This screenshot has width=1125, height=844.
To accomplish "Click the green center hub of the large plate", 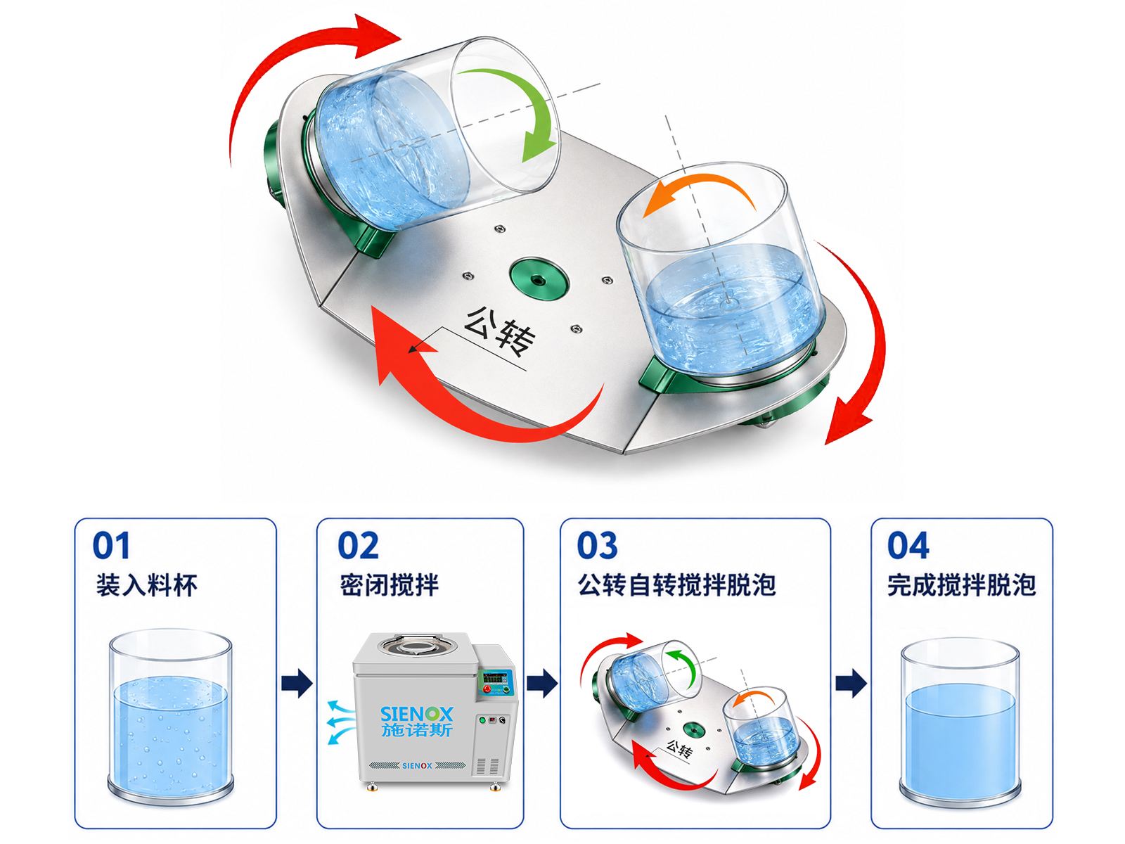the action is pos(539,280).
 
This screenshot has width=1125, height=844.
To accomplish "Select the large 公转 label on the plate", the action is pos(499,331).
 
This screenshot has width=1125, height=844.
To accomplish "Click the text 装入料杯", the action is pos(146,585).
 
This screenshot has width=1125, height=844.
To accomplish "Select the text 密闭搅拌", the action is pos(390,585).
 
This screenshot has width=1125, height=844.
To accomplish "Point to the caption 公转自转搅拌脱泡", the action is pos(677,585).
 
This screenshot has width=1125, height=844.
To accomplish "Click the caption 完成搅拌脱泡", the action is pos(961,585).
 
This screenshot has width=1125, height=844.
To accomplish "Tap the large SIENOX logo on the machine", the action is pos(417,714).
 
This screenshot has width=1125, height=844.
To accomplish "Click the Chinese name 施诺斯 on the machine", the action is pos(417,730).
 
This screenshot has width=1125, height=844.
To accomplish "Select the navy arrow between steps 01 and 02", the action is pos(297,683).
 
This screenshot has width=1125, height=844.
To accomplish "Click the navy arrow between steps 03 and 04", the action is pos(851,683).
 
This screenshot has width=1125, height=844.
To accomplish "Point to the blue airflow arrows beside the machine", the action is pos(341,722).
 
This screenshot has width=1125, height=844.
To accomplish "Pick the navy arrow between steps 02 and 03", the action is pos(542,683).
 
